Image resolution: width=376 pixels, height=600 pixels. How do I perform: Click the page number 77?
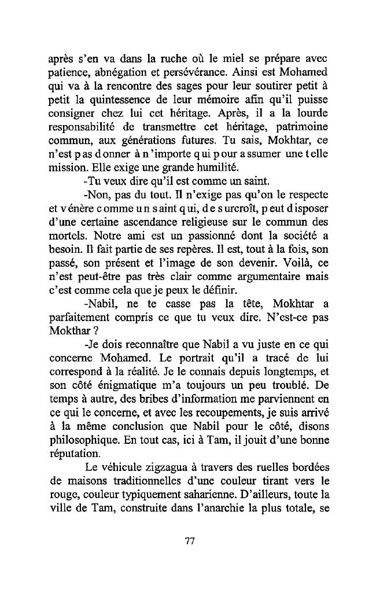pyautogui.click(x=188, y=541)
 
